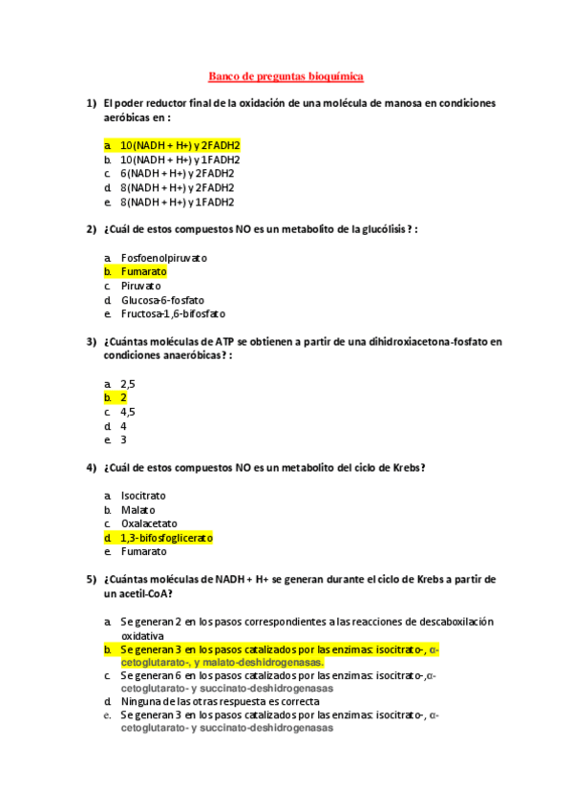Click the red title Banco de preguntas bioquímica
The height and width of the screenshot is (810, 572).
pos(286,75)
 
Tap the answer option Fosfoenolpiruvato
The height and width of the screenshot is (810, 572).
pos(163,258)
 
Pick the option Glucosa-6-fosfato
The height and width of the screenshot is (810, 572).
pos(161,300)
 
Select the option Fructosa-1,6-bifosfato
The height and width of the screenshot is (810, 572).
pos(173,313)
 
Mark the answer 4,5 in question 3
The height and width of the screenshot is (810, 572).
pos(128,412)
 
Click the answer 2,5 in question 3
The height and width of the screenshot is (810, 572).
pos(128,384)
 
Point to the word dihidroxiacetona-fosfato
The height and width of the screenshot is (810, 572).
pos(428,341)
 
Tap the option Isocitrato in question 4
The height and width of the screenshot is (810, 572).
pos(143,496)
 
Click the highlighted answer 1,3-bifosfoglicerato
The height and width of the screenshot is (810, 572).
pos(166,538)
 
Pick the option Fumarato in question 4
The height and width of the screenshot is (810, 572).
pos(143,551)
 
